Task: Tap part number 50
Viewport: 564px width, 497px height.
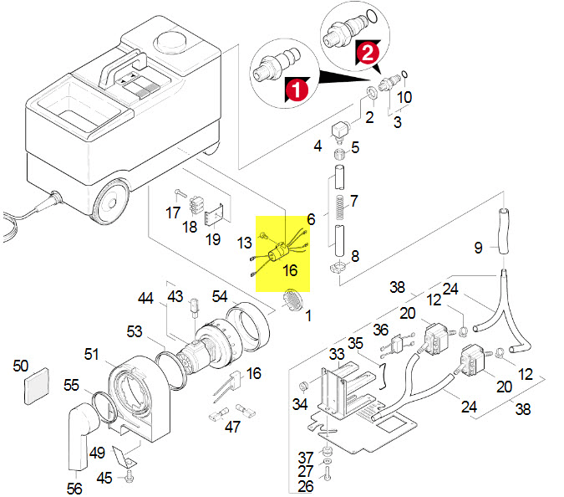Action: tap(21, 366)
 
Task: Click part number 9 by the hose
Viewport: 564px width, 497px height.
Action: tap(479, 248)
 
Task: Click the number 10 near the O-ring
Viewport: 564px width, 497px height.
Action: tap(404, 97)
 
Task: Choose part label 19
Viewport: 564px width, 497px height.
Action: tap(213, 238)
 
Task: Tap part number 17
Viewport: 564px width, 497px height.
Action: tap(172, 213)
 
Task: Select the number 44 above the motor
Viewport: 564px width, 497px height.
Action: tap(146, 298)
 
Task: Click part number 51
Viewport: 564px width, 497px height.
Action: tap(91, 354)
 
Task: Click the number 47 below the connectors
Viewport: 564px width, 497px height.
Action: tap(232, 427)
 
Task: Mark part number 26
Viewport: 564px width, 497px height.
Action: tap(306, 486)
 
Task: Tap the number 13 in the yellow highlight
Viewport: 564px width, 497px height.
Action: tap(244, 243)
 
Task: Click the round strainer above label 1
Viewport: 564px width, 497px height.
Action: tap(293, 298)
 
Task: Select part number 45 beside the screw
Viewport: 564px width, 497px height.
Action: tap(104, 478)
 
